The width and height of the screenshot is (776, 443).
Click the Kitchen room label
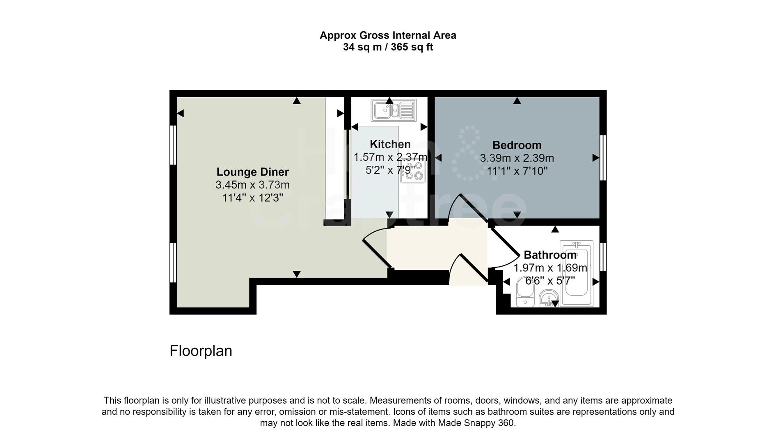point(390,144)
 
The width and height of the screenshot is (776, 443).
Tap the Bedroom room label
point(517,145)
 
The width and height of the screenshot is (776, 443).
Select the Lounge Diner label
point(252,172)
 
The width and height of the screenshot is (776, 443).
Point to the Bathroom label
point(550,255)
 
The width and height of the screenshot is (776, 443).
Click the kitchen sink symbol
point(394,110)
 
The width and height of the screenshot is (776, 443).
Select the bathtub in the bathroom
point(577,273)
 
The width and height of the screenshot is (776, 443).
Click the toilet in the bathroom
point(524,292)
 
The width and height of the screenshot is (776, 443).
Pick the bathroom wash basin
point(548,298)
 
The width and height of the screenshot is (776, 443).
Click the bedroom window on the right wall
point(603,158)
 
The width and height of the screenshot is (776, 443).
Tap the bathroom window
point(603,257)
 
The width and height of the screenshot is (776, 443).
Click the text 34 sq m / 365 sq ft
point(388,47)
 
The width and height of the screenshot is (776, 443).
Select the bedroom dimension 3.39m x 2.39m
point(517,158)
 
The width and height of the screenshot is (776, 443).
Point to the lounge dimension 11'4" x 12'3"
point(252,198)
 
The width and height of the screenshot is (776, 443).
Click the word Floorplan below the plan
point(201,351)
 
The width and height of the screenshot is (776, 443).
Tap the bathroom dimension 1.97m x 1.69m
point(550,268)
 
